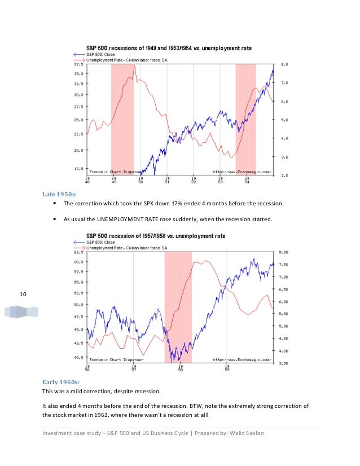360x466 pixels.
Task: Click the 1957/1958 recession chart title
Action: coord(155,235)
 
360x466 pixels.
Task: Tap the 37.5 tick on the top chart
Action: coord(79,65)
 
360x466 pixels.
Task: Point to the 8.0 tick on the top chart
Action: coord(285,65)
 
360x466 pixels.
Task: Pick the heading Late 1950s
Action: coord(58,195)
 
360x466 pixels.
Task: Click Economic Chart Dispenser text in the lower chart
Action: coord(116,359)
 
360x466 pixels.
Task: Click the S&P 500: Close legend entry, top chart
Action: coord(104,54)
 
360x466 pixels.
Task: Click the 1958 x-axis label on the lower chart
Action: coord(180,369)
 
